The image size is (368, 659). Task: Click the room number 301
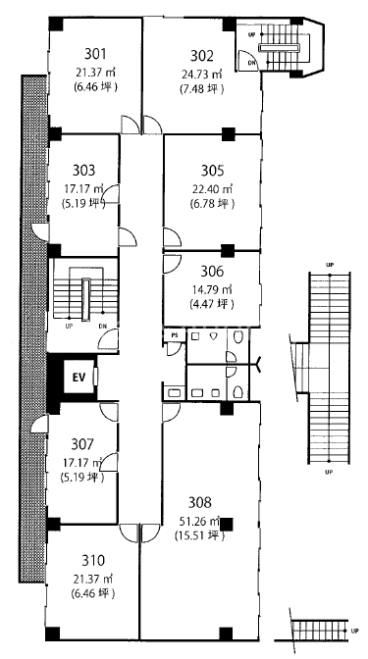click(x=95, y=55)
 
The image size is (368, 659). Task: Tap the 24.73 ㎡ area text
click(x=202, y=75)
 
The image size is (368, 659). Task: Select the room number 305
click(x=212, y=171)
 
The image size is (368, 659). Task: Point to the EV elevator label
click(x=79, y=377)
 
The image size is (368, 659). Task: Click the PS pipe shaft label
click(x=175, y=335)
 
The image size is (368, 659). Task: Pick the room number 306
click(x=212, y=272)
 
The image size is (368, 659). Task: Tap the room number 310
click(x=93, y=561)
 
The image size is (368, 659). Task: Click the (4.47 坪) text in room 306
click(x=212, y=304)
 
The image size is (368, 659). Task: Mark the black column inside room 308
click(x=227, y=524)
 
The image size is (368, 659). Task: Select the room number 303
click(x=83, y=171)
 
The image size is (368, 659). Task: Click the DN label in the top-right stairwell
click(x=251, y=62)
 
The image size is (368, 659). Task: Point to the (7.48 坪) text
click(x=202, y=90)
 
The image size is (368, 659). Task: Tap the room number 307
click(x=82, y=444)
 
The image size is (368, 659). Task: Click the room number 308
click(x=200, y=503)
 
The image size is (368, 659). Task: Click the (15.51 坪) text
click(x=199, y=536)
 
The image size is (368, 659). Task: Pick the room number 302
click(x=202, y=56)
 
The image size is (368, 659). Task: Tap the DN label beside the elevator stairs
click(x=103, y=326)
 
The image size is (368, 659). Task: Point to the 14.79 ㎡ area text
click(x=212, y=289)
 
